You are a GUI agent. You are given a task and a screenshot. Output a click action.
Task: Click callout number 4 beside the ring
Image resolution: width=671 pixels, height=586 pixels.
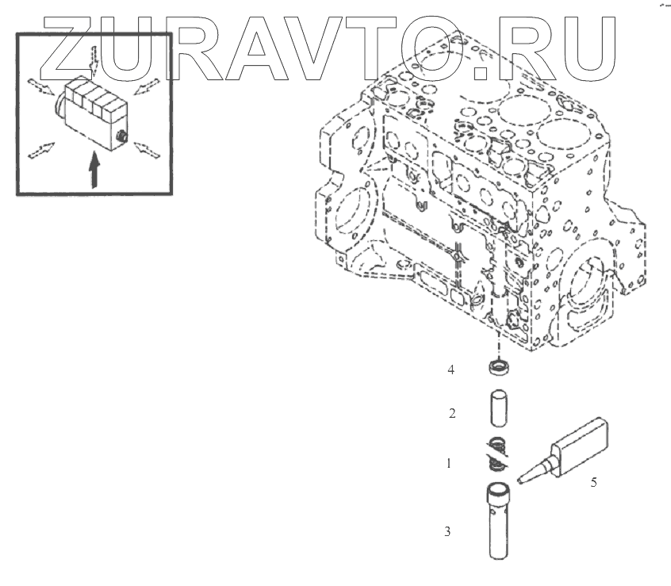point(451,370)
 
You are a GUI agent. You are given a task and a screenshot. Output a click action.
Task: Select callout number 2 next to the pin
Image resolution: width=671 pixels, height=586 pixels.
point(451,413)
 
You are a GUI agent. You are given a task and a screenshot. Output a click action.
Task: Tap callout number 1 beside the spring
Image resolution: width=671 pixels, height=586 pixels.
point(448,463)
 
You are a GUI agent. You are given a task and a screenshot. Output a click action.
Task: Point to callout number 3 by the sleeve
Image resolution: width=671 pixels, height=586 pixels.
point(448,531)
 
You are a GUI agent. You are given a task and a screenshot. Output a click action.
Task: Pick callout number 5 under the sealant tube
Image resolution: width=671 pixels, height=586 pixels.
point(594,481)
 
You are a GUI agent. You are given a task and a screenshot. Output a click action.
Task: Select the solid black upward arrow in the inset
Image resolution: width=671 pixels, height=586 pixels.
point(94,169)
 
